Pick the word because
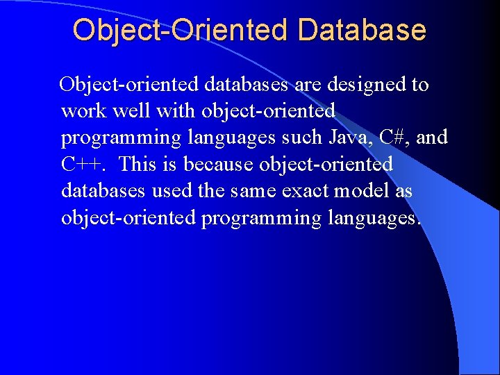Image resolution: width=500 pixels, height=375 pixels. [x=219, y=165]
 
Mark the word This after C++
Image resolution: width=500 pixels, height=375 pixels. [x=137, y=165]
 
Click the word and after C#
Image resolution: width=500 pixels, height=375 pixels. [x=432, y=137]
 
